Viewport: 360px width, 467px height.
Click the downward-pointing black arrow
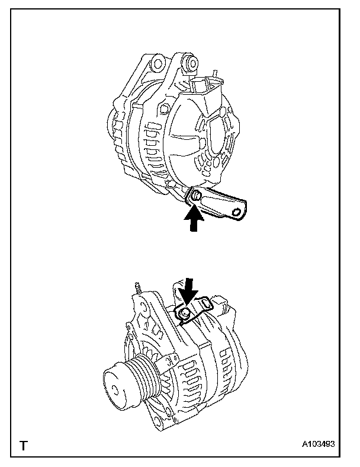click(x=189, y=290)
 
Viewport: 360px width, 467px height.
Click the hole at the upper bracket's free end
click(x=237, y=212)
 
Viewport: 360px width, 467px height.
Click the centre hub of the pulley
click(x=112, y=389)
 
